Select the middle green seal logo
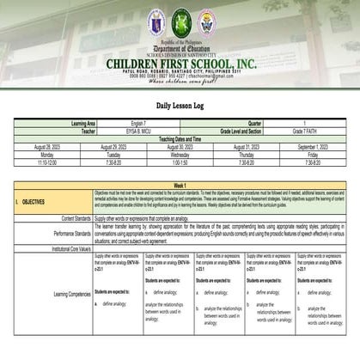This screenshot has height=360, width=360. pos(180,21)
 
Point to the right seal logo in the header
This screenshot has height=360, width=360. pos(205,21)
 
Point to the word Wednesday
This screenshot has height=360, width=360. pos(180,150)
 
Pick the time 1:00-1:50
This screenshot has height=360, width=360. pos(180,157)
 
